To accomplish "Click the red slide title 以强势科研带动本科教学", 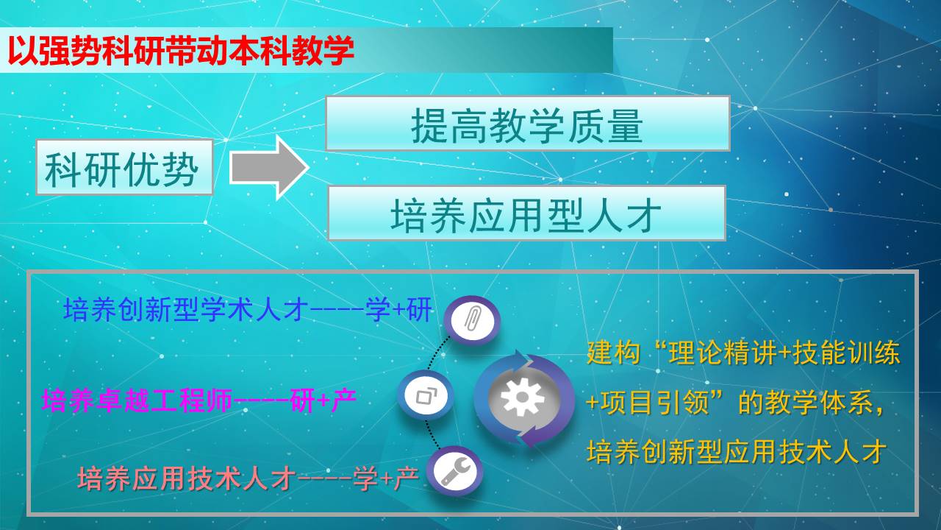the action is pyautogui.click(x=181, y=51).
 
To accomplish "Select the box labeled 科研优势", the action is pyautogui.click(x=124, y=167).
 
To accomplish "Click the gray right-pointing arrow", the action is pyautogui.click(x=269, y=167).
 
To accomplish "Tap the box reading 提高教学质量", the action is pyautogui.click(x=528, y=123).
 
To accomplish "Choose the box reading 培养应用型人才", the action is pyautogui.click(x=526, y=213).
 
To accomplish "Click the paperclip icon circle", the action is pyautogui.click(x=472, y=320).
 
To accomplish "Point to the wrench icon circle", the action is pyautogui.click(x=454, y=471).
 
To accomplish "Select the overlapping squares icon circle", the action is pyautogui.click(x=426, y=395).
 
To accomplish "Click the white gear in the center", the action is pyautogui.click(x=523, y=397).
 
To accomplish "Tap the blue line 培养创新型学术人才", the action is pyautogui.click(x=186, y=310).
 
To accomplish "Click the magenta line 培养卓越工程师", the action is pyautogui.click(x=137, y=400).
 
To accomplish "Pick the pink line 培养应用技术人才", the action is pyautogui.click(x=187, y=478).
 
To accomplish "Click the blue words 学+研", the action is pyautogui.click(x=398, y=310).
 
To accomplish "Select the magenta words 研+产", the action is pyautogui.click(x=323, y=400).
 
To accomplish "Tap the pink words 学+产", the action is pyautogui.click(x=386, y=478).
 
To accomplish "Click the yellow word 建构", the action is pyautogui.click(x=613, y=352).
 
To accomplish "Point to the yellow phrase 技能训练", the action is pyautogui.click(x=846, y=352).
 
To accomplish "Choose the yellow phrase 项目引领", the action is pyautogui.click(x=655, y=403).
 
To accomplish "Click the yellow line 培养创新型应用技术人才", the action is pyautogui.click(x=737, y=452).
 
